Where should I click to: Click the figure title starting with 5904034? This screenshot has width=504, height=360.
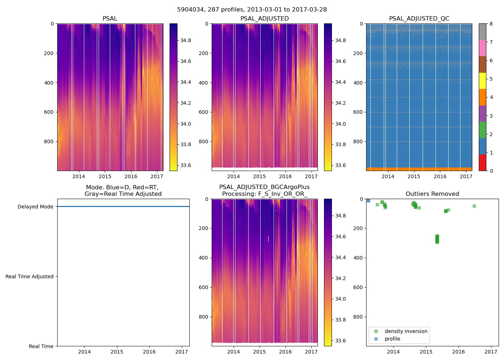[x=252, y=10]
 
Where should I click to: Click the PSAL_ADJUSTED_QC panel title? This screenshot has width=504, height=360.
[x=419, y=19]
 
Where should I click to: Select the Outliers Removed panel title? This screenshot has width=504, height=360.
[x=432, y=194]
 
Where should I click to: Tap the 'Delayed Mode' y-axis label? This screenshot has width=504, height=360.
[x=35, y=207]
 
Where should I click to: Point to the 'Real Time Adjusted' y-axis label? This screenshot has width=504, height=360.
[x=30, y=276]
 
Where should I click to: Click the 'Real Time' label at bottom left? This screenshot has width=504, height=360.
[x=41, y=346]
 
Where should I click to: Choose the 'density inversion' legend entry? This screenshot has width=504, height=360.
[x=406, y=331]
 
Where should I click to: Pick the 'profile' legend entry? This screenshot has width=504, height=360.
[x=392, y=339]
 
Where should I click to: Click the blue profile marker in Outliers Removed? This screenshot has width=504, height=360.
[x=368, y=201]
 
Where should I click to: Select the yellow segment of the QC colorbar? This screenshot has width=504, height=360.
[x=482, y=81]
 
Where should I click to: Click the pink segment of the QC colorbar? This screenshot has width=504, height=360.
[x=482, y=48]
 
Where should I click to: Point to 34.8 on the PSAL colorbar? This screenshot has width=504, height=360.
[x=186, y=40]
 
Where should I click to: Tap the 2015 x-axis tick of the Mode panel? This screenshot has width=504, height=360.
[x=117, y=352]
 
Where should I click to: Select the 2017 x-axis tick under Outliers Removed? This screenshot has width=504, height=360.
[x=491, y=352]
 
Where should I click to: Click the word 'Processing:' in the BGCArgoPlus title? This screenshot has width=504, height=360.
[x=238, y=194]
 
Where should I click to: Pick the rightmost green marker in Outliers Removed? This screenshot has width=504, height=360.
[x=474, y=206]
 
